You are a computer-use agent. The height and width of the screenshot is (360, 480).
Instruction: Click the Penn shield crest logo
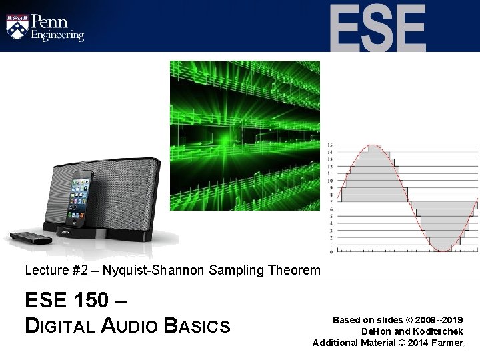point(18,26)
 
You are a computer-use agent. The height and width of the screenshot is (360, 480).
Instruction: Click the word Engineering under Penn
point(58,35)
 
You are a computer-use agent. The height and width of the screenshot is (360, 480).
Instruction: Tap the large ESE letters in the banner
point(377,27)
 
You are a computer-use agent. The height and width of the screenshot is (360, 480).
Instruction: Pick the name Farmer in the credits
point(448,343)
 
